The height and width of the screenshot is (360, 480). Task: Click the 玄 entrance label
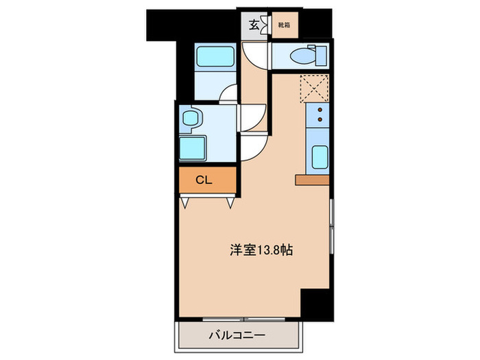254,26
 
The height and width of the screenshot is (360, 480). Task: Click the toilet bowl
301,55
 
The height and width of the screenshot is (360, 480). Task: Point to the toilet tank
320,55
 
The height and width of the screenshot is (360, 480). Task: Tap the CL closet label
204,180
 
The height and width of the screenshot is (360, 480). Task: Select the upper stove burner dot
320,110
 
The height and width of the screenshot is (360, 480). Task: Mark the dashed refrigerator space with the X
315,88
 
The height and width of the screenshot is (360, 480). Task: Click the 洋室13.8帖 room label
261,251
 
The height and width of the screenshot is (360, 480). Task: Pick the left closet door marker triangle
186,202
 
